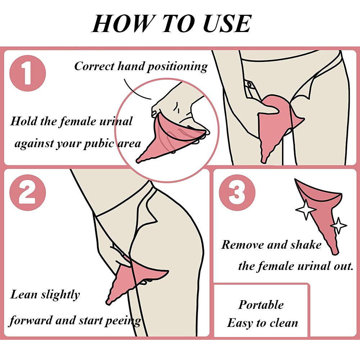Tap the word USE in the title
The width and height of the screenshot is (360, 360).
227,23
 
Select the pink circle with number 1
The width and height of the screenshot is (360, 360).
28,73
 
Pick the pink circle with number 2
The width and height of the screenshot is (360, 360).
28,192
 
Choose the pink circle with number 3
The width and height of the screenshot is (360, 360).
237,192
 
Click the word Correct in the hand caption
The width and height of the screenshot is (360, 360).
94,66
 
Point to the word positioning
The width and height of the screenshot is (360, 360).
177,67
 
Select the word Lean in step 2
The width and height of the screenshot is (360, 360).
24,294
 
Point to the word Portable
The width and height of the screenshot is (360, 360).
261,305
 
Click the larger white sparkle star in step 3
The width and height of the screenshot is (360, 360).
306,210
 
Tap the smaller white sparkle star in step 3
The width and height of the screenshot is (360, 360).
338,225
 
